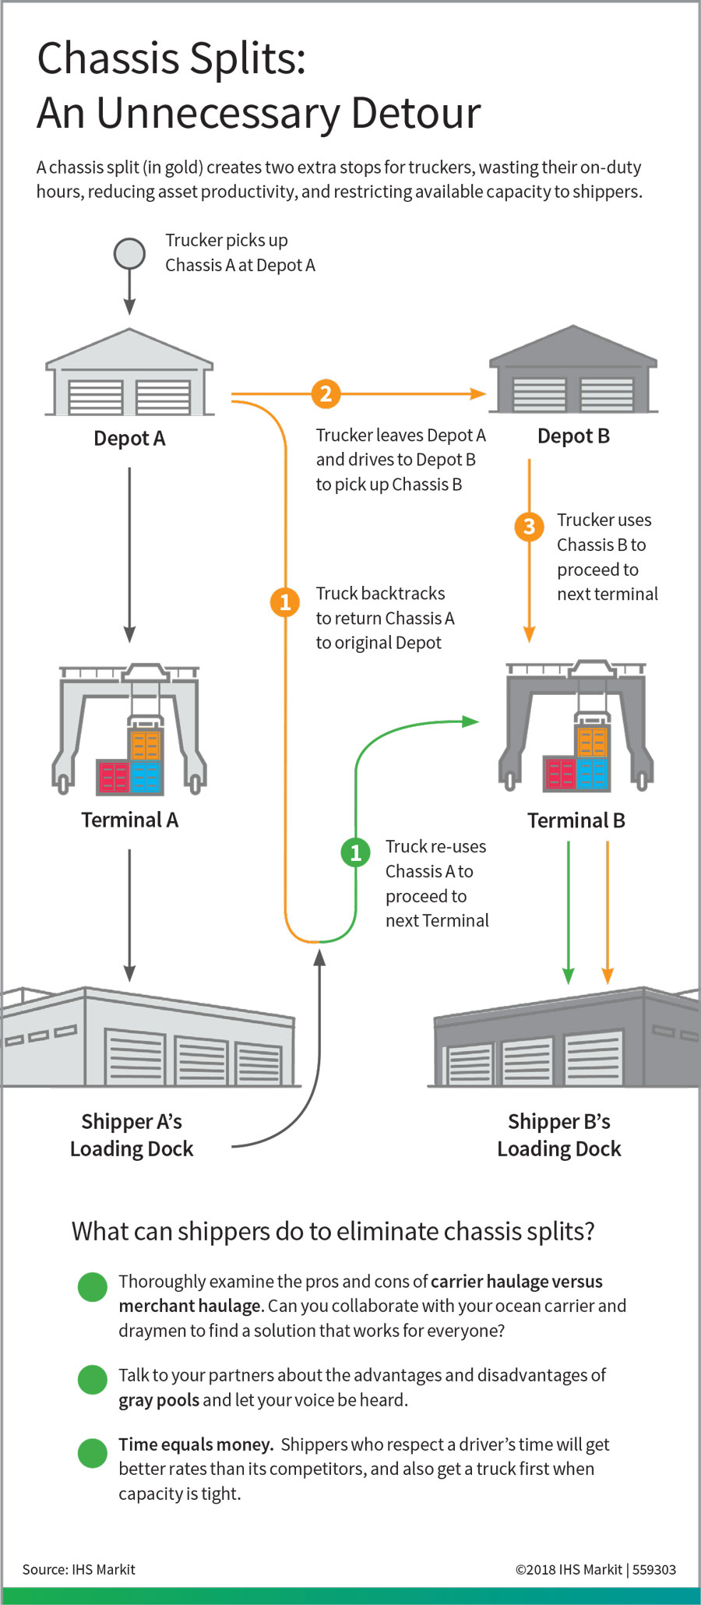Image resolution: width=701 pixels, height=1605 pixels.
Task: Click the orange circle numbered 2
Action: [x=326, y=393]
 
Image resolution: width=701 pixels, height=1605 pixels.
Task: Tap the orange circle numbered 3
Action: [x=529, y=527]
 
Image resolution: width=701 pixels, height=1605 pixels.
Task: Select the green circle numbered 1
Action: [x=356, y=852]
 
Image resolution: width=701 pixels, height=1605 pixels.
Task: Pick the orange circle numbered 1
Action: [x=285, y=601]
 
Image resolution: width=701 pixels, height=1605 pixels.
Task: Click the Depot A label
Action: [x=129, y=439]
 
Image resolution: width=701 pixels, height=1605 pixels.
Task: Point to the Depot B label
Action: [x=573, y=436]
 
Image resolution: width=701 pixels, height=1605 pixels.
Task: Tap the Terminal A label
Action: [x=129, y=820]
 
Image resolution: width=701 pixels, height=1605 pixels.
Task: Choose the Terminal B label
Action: [x=576, y=820]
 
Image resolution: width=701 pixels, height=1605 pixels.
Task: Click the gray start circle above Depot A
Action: [x=129, y=253]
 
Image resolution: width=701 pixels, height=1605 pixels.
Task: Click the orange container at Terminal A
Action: [x=145, y=745]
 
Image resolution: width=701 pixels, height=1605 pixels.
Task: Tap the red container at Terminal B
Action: [x=560, y=774]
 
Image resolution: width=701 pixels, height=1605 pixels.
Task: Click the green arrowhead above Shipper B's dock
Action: [x=569, y=975]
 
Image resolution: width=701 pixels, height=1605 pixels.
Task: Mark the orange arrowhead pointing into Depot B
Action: [x=478, y=394]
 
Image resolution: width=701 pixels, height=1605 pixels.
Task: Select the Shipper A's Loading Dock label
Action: [x=132, y=1135]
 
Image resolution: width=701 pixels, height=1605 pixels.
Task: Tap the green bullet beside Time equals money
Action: [x=93, y=1453]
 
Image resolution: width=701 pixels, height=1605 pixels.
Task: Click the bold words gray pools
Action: [x=159, y=1400]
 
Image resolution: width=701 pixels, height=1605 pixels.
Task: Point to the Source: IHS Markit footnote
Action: [x=79, y=1569]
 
